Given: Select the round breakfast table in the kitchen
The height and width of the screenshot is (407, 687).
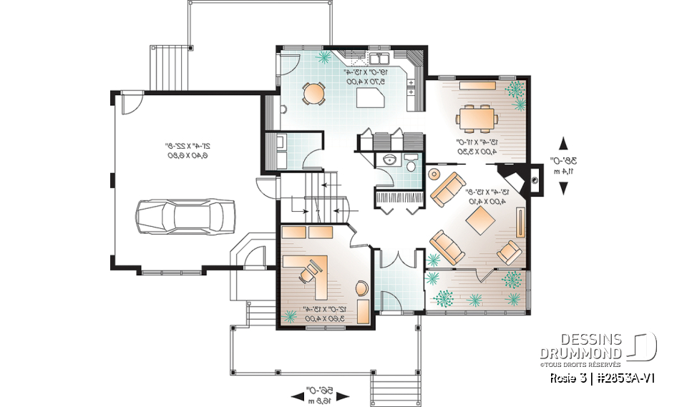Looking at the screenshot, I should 313,92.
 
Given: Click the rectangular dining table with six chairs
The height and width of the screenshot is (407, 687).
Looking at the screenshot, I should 475,115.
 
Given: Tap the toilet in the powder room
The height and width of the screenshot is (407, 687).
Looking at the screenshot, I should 411,162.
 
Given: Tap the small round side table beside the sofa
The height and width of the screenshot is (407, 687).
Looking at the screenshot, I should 433,174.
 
